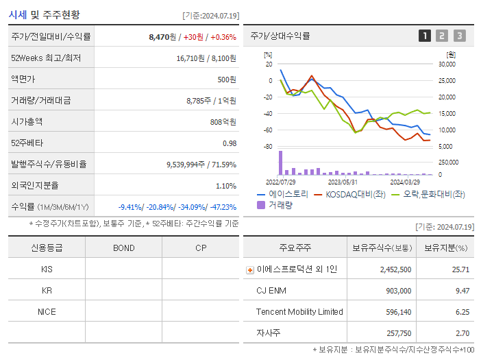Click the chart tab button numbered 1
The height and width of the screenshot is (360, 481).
[x=425, y=36]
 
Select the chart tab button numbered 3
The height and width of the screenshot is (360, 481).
[x=459, y=36]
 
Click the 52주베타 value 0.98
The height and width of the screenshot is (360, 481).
[x=229, y=143]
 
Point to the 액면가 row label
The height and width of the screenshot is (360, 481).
[x=23, y=80]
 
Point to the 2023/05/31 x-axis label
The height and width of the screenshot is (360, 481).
[x=343, y=182]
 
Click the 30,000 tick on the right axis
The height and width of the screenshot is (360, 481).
[x=446, y=64]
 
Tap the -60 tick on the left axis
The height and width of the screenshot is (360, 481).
[x=268, y=130]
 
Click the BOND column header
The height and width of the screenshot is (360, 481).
[x=123, y=248]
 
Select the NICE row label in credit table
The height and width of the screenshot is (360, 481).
[x=47, y=311]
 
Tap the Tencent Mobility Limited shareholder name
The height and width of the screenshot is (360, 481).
[x=299, y=312]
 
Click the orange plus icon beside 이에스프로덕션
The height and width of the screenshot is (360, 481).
[x=250, y=269]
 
